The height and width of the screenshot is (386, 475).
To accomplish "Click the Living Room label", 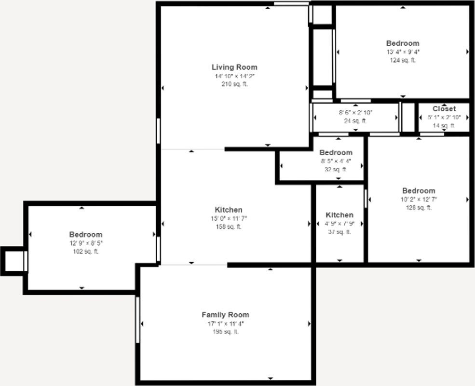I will [x=234, y=67].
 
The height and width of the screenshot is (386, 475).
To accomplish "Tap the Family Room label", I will [x=225, y=315].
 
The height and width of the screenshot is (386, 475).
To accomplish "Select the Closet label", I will [x=444, y=109].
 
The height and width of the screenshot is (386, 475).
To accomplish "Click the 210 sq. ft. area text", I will [x=234, y=84].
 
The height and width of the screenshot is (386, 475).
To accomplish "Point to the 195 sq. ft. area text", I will [x=225, y=332].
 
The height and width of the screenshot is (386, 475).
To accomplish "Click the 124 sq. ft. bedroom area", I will [x=403, y=60].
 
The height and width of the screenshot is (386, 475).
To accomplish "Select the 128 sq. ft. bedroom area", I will [x=419, y=208].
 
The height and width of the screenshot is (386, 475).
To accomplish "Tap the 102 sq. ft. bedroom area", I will [x=85, y=252].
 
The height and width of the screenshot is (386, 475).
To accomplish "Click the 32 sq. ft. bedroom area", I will [x=336, y=170].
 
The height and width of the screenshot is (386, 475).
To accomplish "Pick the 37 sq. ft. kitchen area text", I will [x=339, y=232].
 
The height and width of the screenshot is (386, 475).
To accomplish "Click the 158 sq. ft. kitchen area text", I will [x=229, y=227].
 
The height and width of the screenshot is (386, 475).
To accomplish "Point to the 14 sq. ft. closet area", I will [x=444, y=126].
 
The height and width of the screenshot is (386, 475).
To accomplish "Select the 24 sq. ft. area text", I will [x=355, y=121].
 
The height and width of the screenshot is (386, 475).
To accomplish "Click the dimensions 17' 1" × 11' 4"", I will [x=225, y=323].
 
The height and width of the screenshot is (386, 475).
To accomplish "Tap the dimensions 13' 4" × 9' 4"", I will [x=403, y=52].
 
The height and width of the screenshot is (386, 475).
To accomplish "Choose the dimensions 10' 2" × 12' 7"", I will [x=419, y=199].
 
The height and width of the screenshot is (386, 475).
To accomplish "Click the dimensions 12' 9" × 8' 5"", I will [x=85, y=243].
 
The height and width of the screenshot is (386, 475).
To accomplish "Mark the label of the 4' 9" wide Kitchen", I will [x=339, y=215].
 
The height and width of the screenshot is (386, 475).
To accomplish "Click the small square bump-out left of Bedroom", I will [x=14, y=261].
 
